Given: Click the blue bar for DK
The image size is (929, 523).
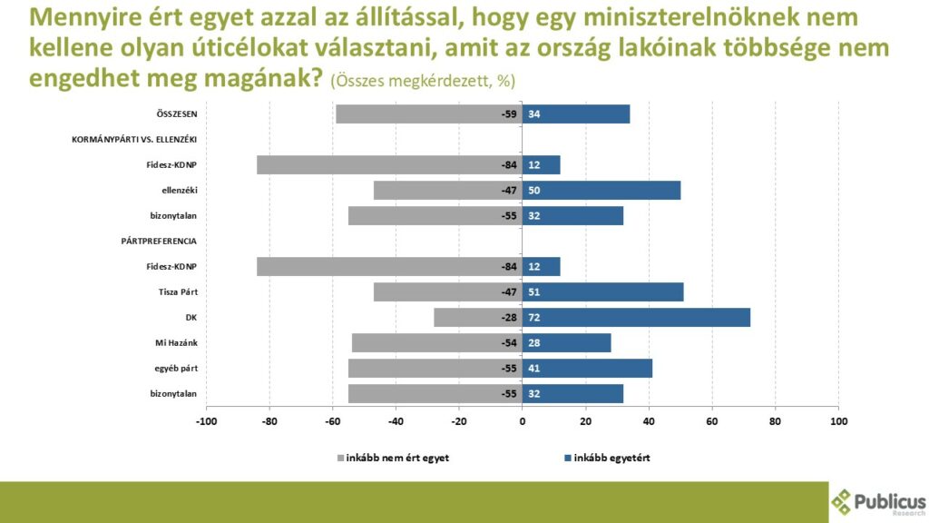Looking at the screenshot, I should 636,317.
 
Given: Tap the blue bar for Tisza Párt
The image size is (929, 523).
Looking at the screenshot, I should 602,291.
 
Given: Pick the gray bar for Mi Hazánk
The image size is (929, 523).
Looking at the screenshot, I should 436,342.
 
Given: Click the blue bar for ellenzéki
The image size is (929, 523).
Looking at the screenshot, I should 601,190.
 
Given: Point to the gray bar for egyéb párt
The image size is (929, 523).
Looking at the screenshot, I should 435,368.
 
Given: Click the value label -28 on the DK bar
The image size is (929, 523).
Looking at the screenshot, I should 508,317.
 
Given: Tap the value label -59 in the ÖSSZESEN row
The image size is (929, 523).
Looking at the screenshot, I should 508,113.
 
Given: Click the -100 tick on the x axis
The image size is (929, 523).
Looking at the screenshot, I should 206,421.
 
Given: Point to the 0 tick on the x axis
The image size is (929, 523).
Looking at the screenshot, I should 523,421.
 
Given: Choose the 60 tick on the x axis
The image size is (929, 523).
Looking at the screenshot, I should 712,421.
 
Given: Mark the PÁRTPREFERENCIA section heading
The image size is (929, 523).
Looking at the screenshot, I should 159,241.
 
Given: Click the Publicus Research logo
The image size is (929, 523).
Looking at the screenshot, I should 878,501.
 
